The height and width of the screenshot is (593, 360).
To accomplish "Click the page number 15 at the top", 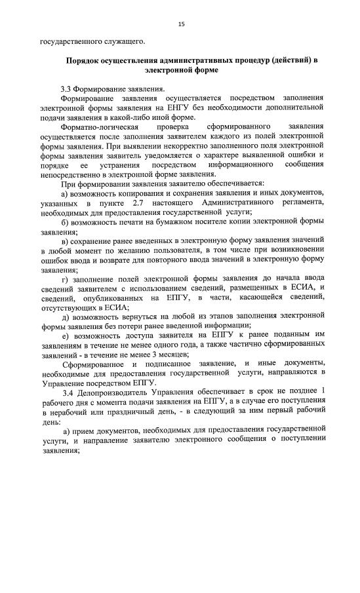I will [181, 24].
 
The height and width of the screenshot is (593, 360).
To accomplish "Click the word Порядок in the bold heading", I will [82, 60].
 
